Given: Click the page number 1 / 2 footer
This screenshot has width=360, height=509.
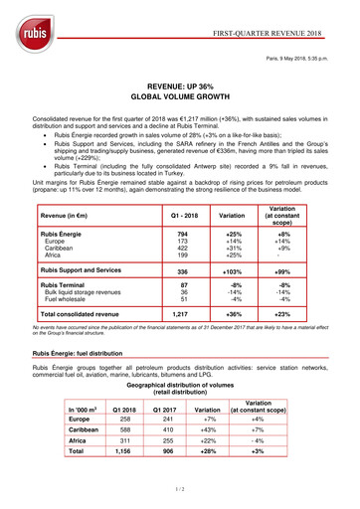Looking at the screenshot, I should (x=180, y=496).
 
